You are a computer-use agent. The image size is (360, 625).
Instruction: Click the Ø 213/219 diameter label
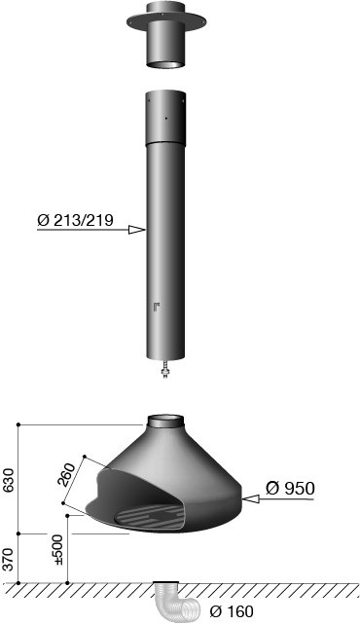(x=75, y=220)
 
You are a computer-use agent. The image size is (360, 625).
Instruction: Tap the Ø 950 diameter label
(x=290, y=488)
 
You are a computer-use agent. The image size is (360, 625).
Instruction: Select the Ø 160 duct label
(x=232, y=611)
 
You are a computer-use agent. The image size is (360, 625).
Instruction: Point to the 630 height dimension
(x=10, y=480)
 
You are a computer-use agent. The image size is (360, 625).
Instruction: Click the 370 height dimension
(x=10, y=559)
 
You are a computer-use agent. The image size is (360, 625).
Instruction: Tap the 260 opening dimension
(x=66, y=475)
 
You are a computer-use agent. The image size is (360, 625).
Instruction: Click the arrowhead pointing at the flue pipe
(x=136, y=230)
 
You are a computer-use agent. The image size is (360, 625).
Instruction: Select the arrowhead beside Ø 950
(x=250, y=498)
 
